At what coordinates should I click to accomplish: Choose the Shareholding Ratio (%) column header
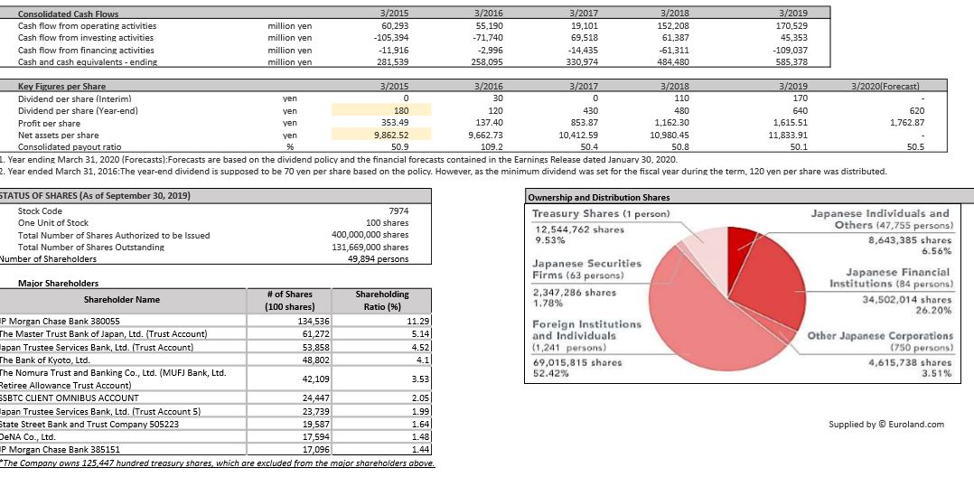coord(381,300)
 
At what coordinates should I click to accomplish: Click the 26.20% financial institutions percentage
coord(932,310)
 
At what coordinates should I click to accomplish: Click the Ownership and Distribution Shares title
coord(599,197)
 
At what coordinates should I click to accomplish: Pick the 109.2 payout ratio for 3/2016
coord(489,146)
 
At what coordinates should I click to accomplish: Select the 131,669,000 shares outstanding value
coord(370,247)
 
